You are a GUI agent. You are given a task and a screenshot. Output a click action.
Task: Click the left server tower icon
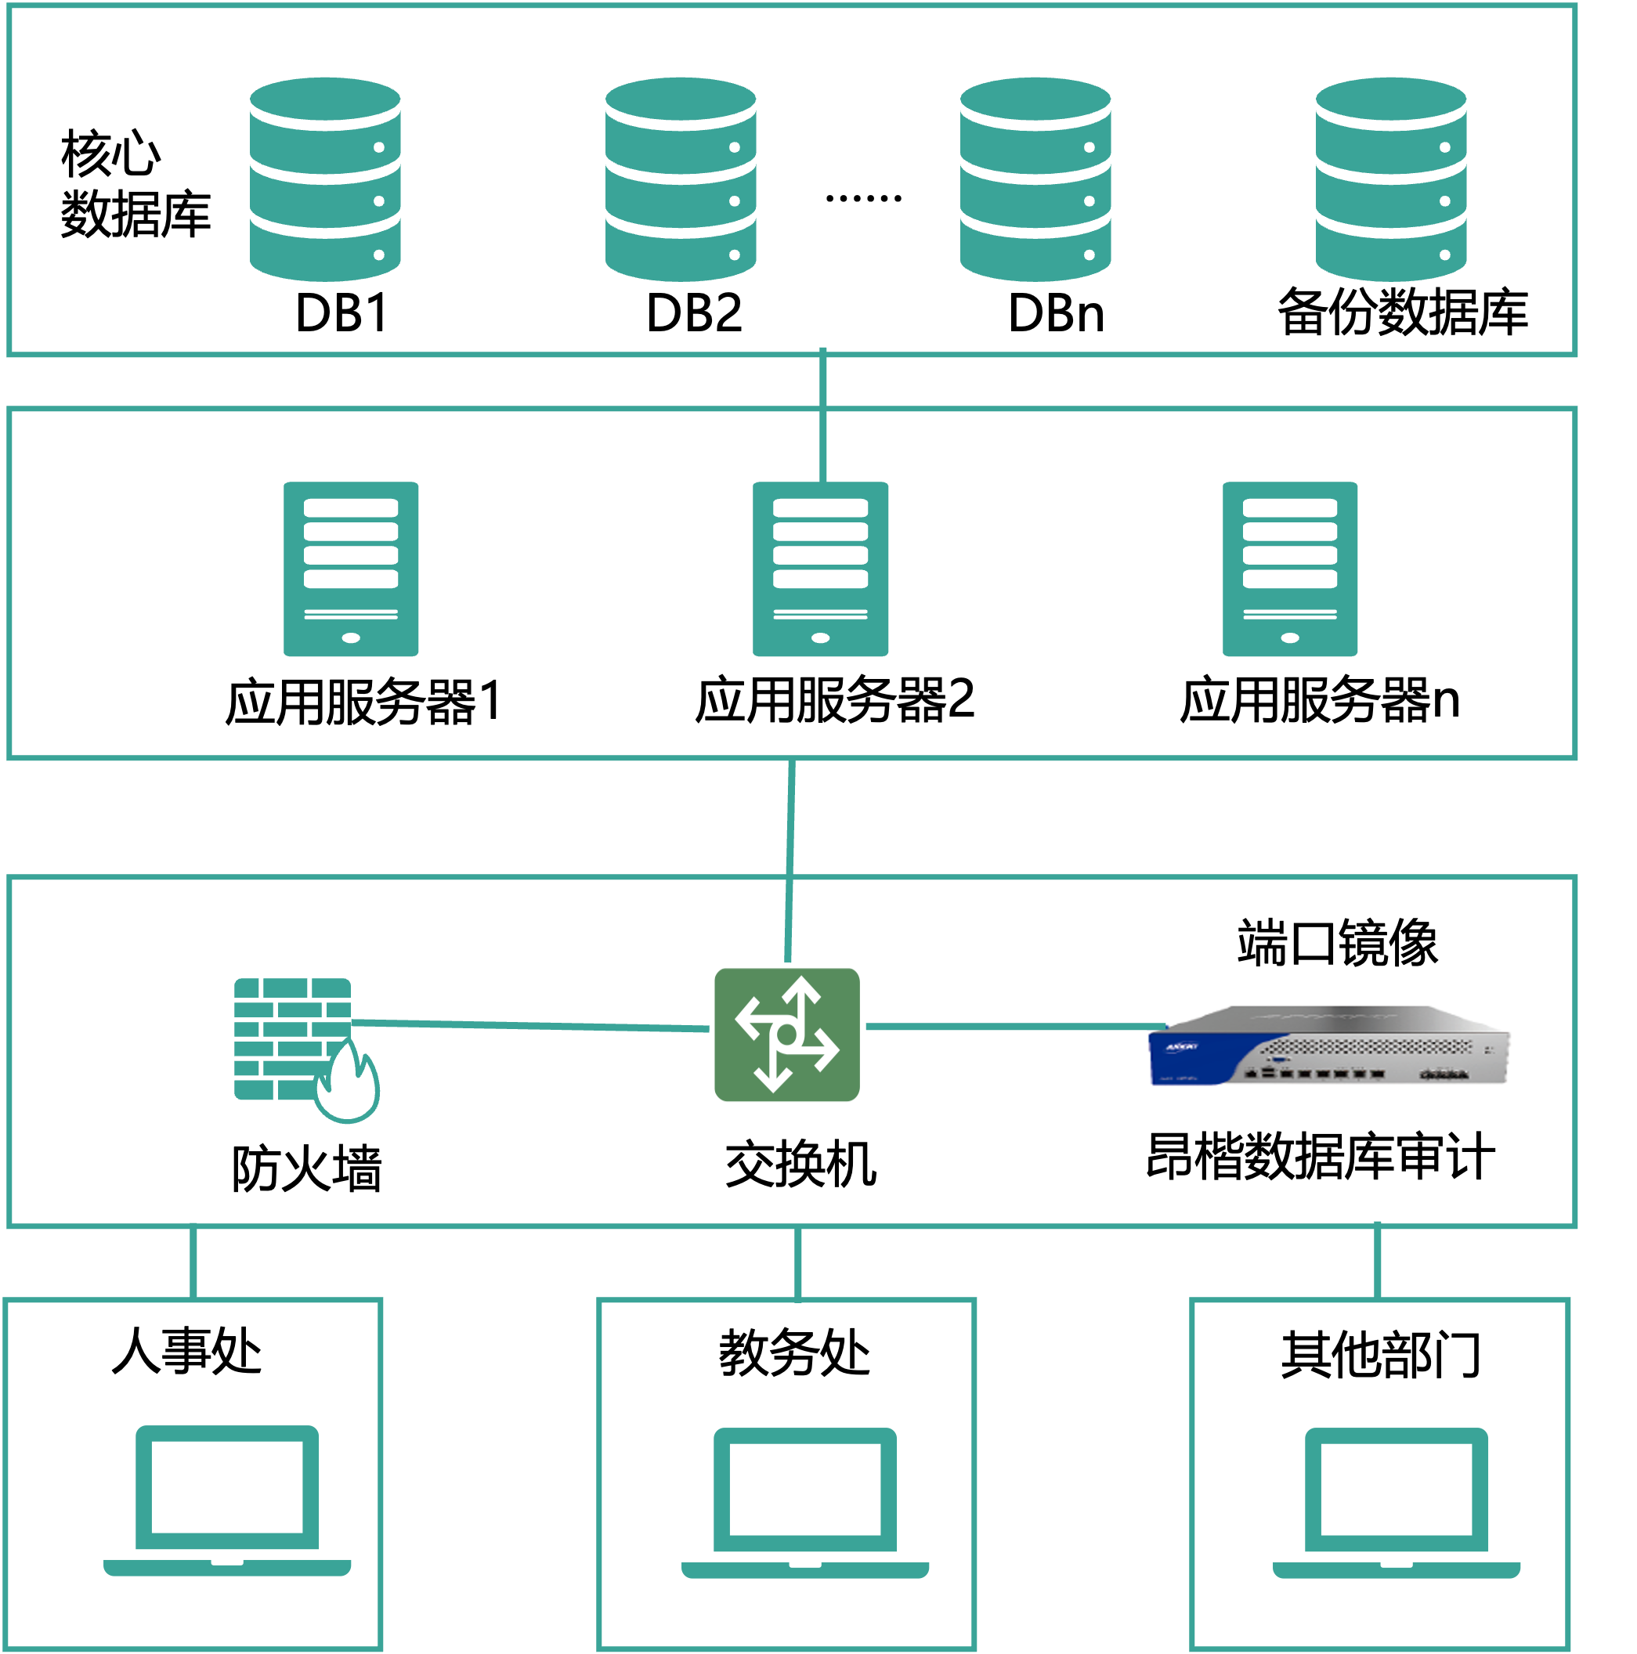(351, 569)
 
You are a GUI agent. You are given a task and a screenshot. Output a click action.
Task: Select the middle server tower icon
(820, 569)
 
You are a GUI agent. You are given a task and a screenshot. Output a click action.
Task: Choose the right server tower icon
(1289, 569)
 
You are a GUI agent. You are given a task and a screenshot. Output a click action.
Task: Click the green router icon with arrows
(787, 1035)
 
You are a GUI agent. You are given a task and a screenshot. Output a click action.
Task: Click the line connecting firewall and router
(531, 1025)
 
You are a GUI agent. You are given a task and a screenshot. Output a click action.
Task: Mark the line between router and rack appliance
(1010, 1026)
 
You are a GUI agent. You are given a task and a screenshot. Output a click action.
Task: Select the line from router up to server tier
(790, 856)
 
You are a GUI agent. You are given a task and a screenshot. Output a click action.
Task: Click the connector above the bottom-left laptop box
(193, 1262)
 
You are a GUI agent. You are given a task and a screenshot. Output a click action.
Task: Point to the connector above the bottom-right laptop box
(1378, 1262)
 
